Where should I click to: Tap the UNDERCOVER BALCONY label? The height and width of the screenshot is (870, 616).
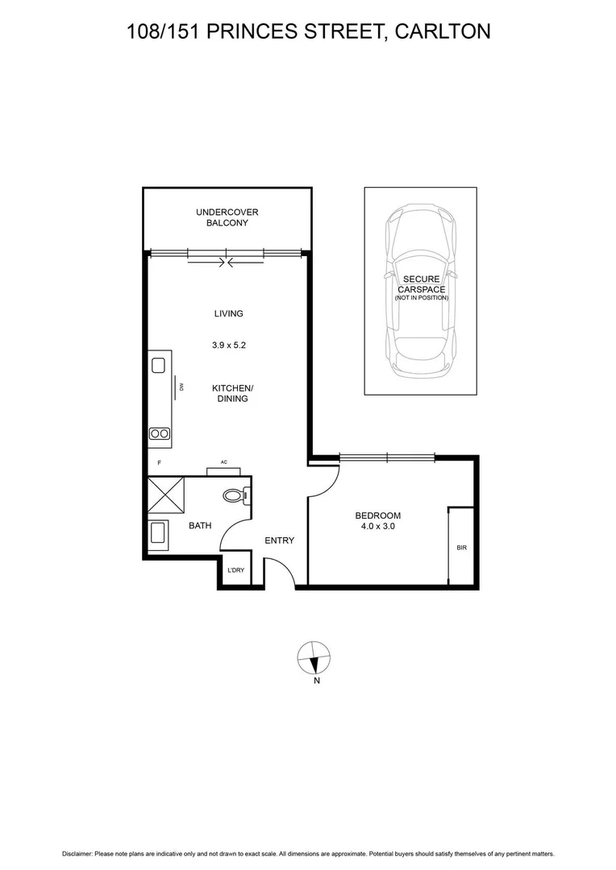coord(227,217)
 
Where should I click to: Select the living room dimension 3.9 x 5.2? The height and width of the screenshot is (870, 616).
coord(228,345)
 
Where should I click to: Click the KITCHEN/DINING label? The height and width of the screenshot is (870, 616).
coord(232,393)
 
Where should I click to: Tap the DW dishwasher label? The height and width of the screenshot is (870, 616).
coord(183,387)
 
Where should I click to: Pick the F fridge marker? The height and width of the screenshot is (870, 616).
coord(160,463)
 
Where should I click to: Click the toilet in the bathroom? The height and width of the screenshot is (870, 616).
coord(234,495)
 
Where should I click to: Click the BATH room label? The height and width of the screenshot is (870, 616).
coord(200,526)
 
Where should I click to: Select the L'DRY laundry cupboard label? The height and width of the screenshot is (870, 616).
coord(235,570)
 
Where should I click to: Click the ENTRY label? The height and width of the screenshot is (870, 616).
coord(280,541)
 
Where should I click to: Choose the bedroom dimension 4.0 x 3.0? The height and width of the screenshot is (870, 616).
coord(377,526)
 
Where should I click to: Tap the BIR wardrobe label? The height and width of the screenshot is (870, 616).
coord(461,548)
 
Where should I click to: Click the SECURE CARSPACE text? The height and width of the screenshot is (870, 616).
coord(421,284)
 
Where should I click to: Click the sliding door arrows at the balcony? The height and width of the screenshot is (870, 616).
coord(227,261)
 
